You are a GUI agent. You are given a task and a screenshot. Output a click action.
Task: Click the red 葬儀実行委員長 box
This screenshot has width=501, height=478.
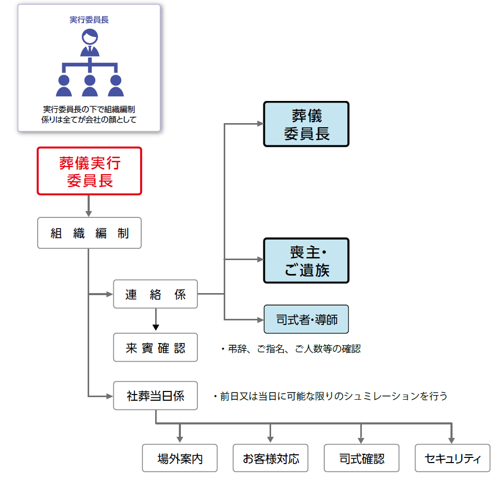pyautogui.click(x=89, y=171)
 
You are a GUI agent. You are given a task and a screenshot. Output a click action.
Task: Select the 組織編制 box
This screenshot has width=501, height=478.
pyautogui.click(x=89, y=233)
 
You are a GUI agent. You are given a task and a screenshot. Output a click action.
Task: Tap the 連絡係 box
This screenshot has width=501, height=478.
pyautogui.click(x=155, y=294)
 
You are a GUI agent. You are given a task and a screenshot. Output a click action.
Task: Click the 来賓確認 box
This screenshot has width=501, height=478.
pyautogui.click(x=155, y=347)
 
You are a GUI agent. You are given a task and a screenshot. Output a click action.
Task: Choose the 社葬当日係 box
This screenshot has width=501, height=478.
pyautogui.click(x=155, y=396)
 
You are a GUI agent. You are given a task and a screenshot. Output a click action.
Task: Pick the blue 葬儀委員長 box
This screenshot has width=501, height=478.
pyautogui.click(x=306, y=124)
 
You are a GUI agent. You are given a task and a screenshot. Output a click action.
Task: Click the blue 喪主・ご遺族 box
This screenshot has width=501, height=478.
pyautogui.click(x=306, y=261)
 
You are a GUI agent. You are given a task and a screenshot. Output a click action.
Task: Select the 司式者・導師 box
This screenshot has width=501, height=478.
pyautogui.click(x=306, y=319)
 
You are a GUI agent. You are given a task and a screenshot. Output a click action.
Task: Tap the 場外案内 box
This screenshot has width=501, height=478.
pyautogui.click(x=180, y=458)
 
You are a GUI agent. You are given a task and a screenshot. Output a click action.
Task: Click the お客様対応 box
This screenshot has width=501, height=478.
pyautogui.click(x=271, y=458)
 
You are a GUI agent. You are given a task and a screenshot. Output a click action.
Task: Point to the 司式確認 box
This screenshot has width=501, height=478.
pyautogui.click(x=361, y=458)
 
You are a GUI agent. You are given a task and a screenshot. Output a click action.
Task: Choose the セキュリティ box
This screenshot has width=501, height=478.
pyautogui.click(x=452, y=458)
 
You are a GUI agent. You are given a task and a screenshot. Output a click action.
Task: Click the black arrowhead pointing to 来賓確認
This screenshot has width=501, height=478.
pyautogui.click(x=156, y=327)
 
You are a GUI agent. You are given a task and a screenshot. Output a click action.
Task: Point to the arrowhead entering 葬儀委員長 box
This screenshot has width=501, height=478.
pyautogui.click(x=260, y=124)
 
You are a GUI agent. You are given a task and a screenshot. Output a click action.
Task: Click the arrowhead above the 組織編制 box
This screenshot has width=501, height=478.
pyautogui.click(x=89, y=213)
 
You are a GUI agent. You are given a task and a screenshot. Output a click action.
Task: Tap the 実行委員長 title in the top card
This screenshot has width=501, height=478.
pyautogui.click(x=89, y=20)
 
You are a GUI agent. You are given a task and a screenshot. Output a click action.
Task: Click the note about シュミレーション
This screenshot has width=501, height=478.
pyautogui.click(x=330, y=397)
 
